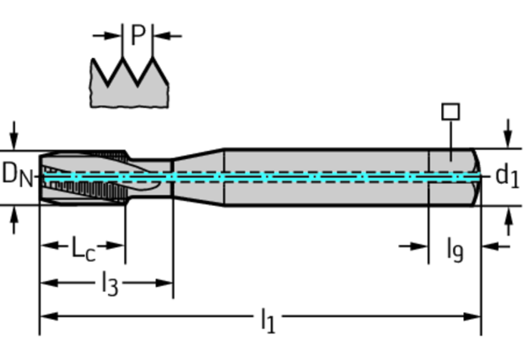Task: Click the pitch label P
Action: click(x=138, y=34)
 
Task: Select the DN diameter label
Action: click(x=17, y=175)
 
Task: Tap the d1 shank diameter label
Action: click(x=507, y=175)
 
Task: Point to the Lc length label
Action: click(x=84, y=248)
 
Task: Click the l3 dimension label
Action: click(x=110, y=284)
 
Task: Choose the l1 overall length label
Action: click(x=267, y=320)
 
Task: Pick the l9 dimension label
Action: click(x=455, y=250)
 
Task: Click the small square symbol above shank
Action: click(x=450, y=112)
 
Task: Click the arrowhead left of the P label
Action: click(x=113, y=35)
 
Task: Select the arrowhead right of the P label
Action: click(x=163, y=36)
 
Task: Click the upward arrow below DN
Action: click(x=14, y=220)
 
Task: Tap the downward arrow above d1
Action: click(x=508, y=133)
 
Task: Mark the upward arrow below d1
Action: click(x=508, y=221)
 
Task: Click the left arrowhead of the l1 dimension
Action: click(x=48, y=316)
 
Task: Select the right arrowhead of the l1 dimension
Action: click(x=472, y=316)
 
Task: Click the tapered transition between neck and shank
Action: click(x=199, y=177)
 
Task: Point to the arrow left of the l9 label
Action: click(x=414, y=247)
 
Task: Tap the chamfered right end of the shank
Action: click(x=476, y=177)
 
